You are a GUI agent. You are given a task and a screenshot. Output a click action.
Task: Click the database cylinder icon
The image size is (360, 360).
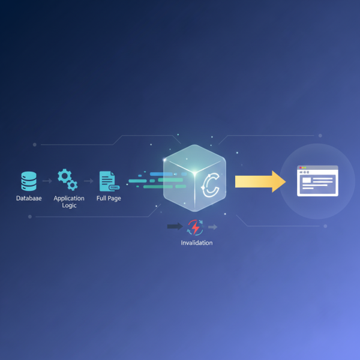tap(29, 180)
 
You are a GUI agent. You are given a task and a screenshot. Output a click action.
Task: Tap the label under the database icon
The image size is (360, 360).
tap(29, 199)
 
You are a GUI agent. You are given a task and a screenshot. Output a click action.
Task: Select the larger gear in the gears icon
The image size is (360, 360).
tap(64, 176)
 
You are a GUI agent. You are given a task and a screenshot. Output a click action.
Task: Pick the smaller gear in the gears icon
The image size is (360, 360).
tap(73, 185)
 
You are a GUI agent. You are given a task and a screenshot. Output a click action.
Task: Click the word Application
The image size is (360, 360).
tap(69, 199)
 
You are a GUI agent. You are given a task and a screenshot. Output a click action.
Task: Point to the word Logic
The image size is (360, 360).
tap(69, 205)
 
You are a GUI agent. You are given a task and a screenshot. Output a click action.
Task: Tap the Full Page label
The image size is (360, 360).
tap(109, 199)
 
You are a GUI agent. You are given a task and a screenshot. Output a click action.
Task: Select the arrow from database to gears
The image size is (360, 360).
tap(47, 181)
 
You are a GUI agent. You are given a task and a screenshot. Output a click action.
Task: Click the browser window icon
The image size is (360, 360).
tap(318, 181)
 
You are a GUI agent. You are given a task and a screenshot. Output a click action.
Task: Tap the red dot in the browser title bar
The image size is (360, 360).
tap(301, 168)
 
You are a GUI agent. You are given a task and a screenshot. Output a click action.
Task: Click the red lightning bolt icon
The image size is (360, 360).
tap(196, 227)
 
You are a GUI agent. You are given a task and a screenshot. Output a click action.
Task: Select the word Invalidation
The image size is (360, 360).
tap(196, 243)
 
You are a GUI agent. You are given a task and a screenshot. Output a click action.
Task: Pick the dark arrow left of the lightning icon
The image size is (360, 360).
tap(175, 227)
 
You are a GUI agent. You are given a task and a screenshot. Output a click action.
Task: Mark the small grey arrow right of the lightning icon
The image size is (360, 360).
tap(213, 227)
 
